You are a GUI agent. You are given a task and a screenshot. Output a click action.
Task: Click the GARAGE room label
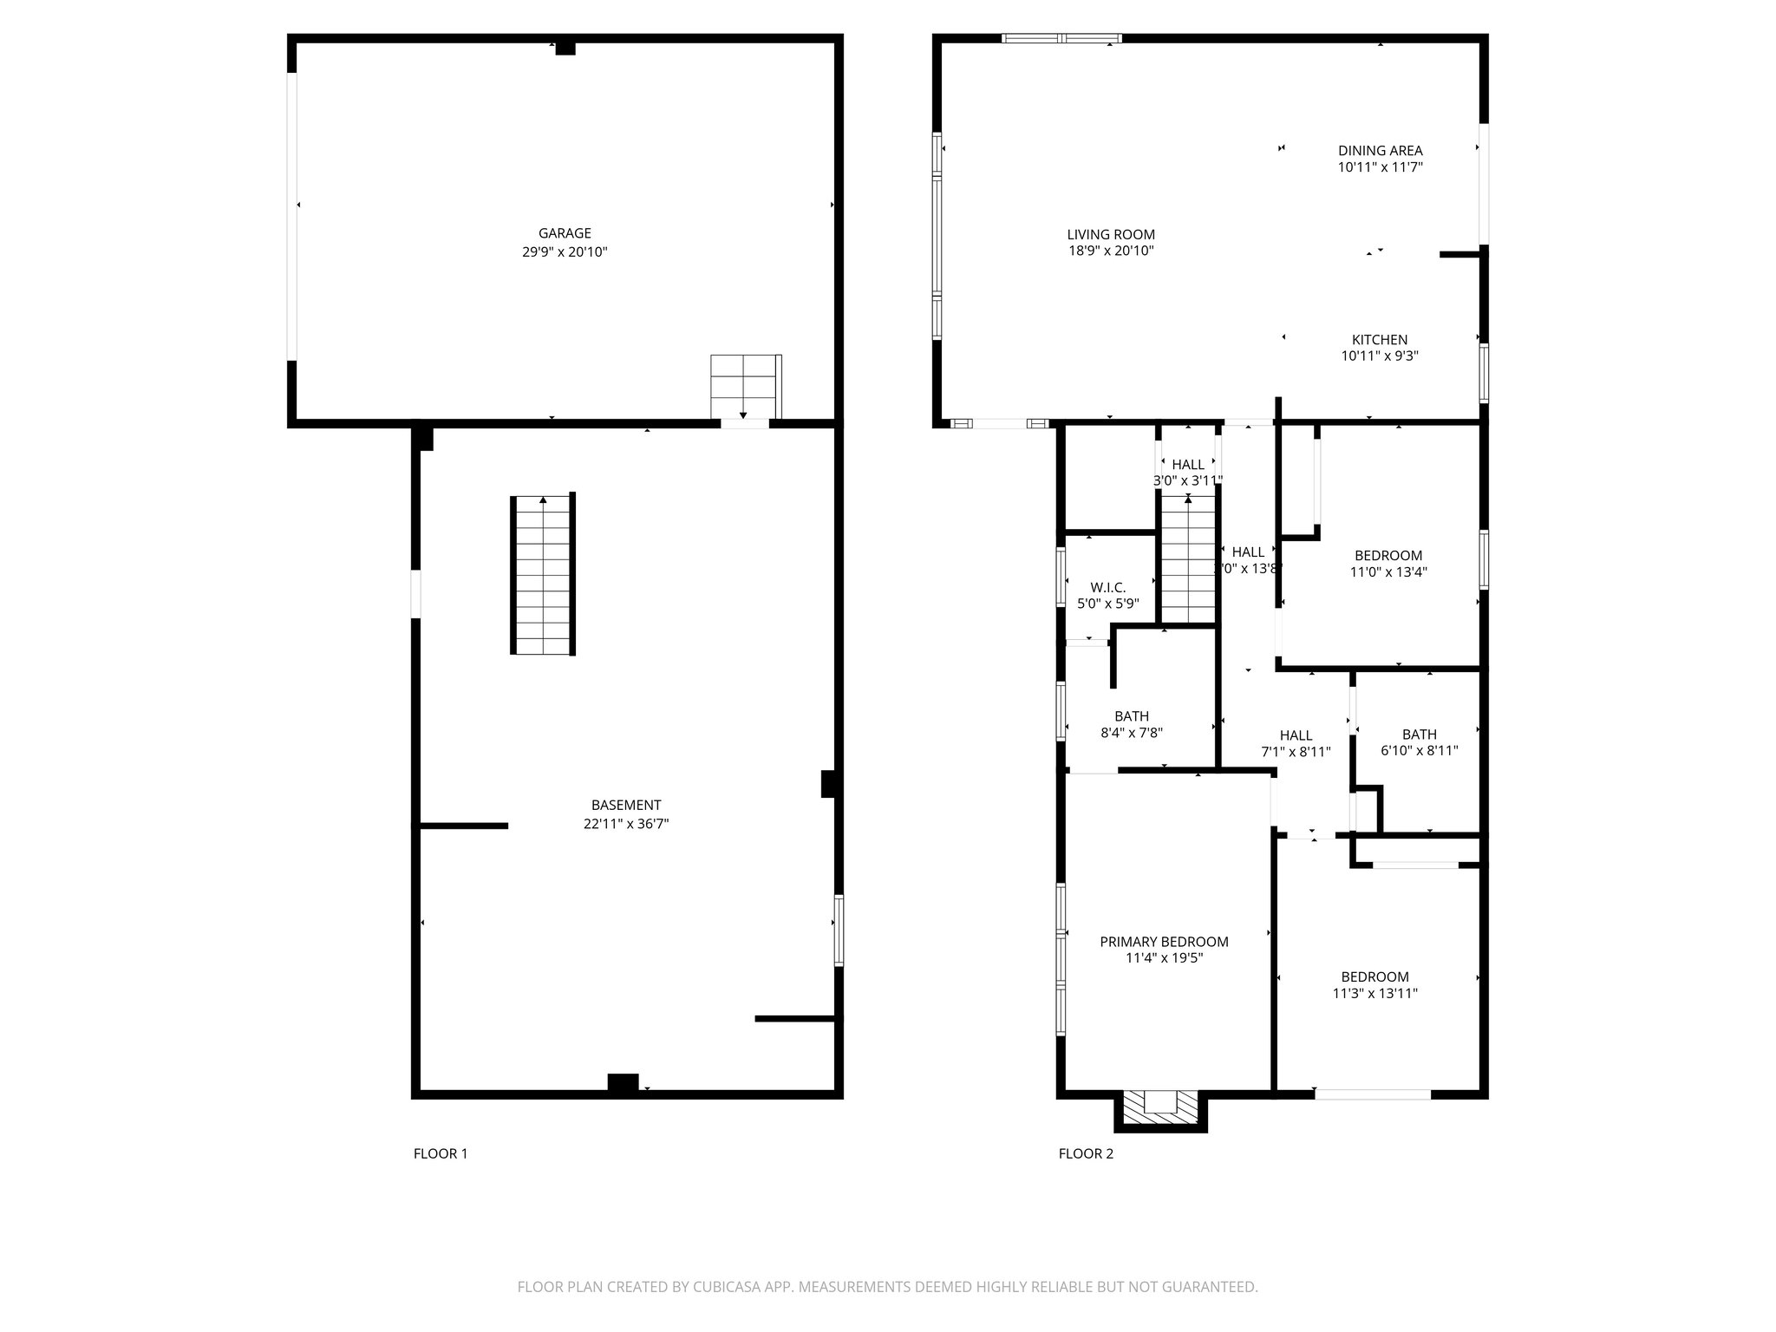565,233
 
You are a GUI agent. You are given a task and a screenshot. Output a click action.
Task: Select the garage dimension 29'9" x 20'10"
565,252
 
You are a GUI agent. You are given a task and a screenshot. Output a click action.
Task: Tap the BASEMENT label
626,805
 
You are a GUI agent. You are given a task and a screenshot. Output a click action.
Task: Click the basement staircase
543,574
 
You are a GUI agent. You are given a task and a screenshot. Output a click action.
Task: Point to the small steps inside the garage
744,387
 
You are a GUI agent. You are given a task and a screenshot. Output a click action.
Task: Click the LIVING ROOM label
1110,234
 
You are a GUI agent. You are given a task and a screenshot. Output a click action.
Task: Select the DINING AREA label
1380,151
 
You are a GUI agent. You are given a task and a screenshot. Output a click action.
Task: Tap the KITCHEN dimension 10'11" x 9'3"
1380,356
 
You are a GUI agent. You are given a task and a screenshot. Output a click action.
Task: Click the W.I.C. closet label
1107,588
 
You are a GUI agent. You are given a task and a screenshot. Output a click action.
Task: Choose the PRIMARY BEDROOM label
1164,942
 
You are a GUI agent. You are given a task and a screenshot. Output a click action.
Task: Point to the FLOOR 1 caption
441,1153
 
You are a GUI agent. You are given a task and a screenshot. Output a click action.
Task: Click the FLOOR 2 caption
1086,1153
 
